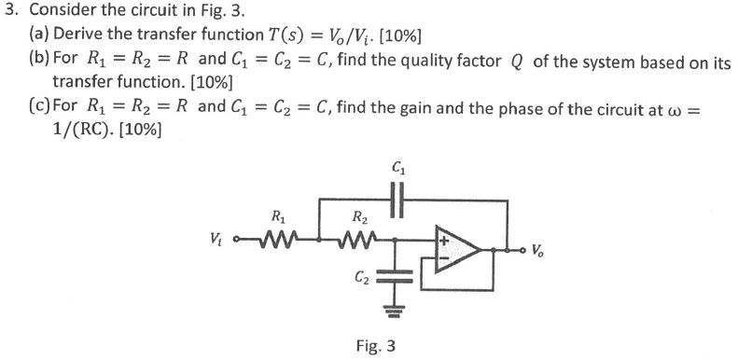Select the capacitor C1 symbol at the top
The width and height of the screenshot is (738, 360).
[400, 199]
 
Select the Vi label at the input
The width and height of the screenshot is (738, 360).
[222, 248]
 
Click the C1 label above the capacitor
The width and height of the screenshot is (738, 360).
[400, 169]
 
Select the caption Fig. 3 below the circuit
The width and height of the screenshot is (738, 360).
[376, 345]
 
